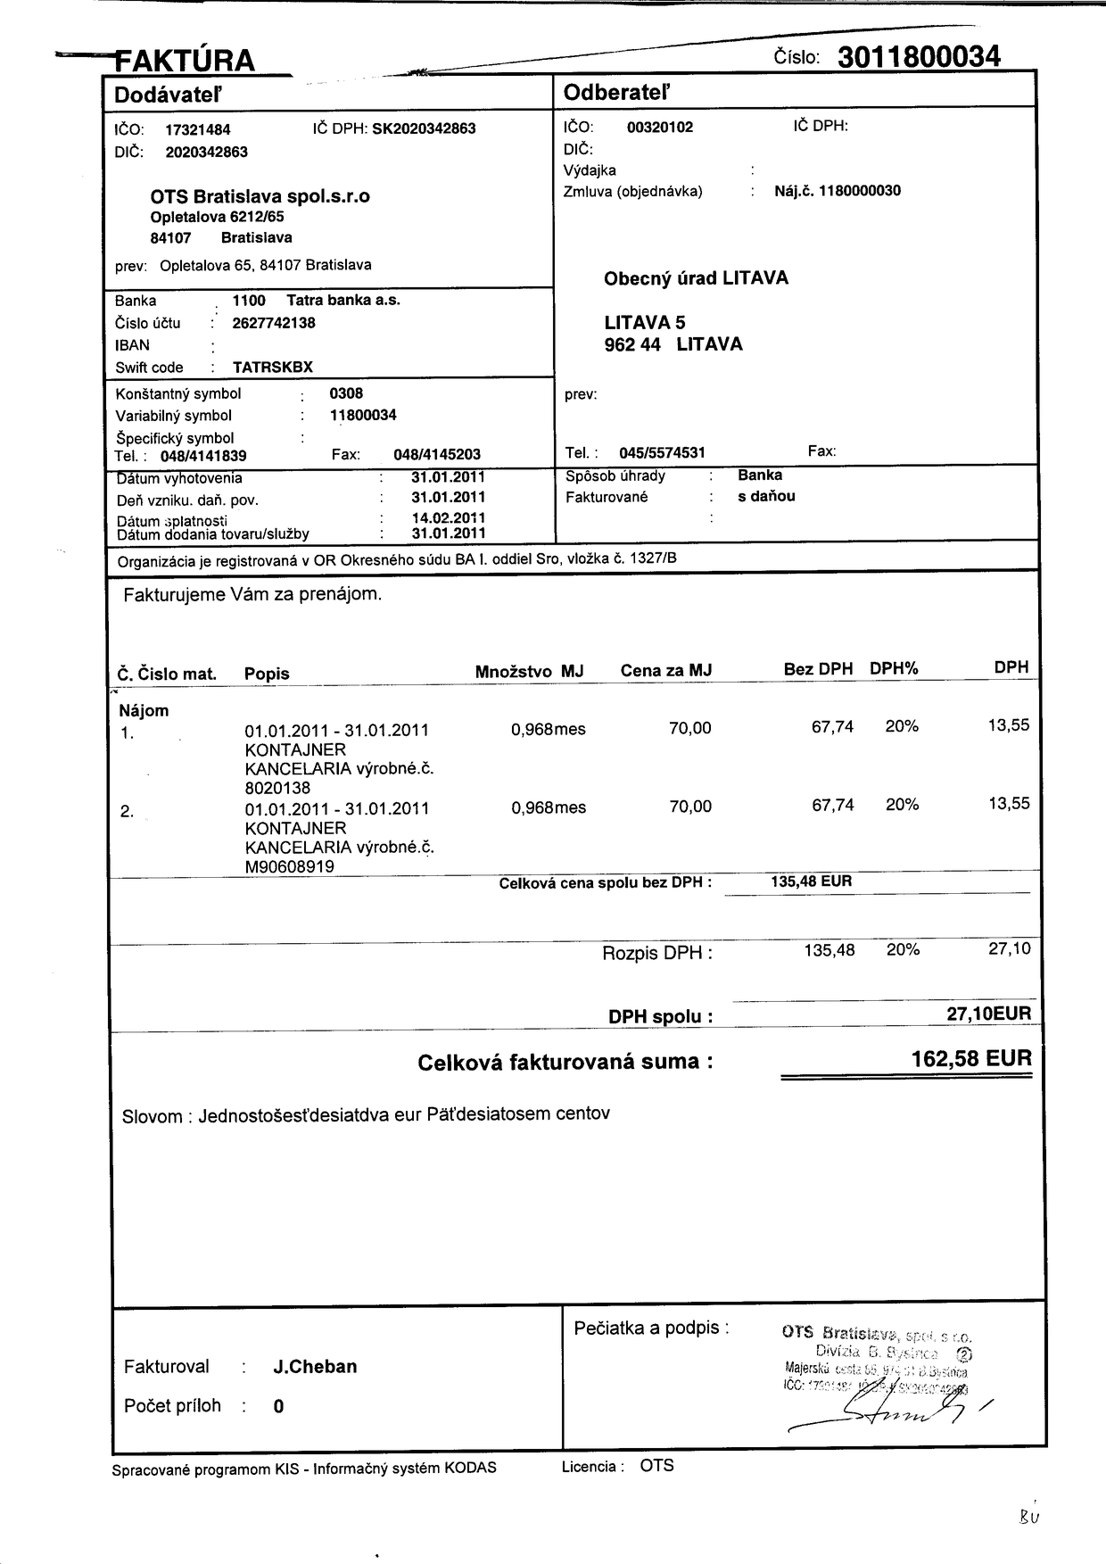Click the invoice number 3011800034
919,57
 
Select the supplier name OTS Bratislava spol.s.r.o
260,196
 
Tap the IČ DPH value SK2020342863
424,128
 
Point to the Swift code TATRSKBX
273,368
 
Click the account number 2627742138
274,323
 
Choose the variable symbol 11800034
363,415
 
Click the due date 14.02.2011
449,517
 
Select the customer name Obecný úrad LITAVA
696,278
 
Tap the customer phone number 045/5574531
662,453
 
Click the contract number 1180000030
860,191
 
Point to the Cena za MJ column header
665,671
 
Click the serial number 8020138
277,788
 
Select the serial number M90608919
290,866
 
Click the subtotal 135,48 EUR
811,881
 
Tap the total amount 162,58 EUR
970,1059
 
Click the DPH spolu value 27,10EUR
988,1014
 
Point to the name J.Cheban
315,1367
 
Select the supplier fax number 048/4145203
437,455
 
